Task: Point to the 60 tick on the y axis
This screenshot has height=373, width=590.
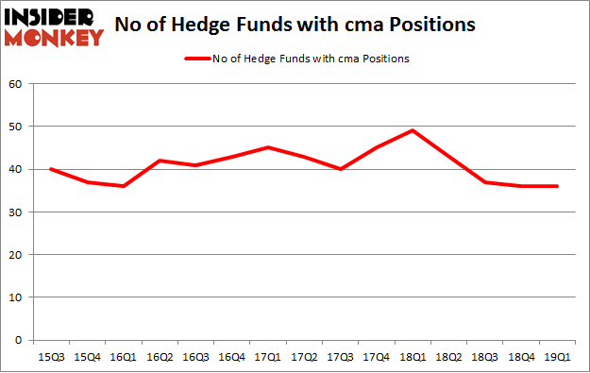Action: (x=16, y=84)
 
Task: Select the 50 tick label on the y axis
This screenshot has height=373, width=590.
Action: (x=16, y=127)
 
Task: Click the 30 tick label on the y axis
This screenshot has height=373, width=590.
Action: (x=16, y=212)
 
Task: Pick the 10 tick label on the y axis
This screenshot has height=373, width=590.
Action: (x=16, y=297)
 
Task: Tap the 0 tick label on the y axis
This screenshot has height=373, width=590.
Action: (x=19, y=340)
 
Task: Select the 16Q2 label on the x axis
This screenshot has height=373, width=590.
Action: (x=161, y=356)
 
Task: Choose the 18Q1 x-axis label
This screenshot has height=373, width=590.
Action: (x=412, y=356)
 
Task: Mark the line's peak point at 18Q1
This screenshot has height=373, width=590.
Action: (x=412, y=130)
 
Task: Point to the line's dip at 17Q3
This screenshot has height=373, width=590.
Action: (x=342, y=169)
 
